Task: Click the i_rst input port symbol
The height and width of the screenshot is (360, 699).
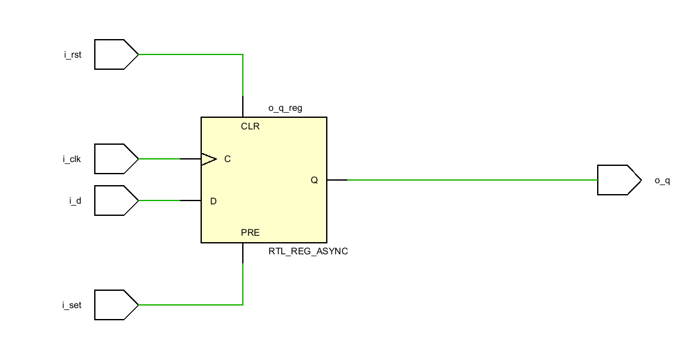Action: [117, 54]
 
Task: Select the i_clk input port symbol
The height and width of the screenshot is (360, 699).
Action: [117, 159]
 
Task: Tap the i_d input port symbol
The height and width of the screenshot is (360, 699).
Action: [117, 200]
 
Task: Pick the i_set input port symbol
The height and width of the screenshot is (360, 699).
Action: [117, 305]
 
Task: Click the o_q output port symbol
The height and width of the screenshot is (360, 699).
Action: [619, 180]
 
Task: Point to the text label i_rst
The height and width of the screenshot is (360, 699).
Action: [72, 55]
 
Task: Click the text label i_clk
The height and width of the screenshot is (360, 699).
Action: [72, 159]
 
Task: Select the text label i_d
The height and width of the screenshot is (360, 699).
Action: [76, 200]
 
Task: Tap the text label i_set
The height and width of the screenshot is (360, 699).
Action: [72, 305]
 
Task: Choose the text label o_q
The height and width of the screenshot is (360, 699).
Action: [662, 181]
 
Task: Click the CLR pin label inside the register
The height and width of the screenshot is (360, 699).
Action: [250, 127]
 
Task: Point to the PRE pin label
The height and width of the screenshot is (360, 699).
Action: [250, 233]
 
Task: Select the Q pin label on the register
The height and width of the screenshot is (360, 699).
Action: [315, 181]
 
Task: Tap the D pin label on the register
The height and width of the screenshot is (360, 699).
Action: [213, 201]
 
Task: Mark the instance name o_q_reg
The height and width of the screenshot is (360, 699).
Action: [285, 108]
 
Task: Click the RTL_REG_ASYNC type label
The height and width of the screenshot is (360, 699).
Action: [308, 251]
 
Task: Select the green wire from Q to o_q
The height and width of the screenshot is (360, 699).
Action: [472, 180]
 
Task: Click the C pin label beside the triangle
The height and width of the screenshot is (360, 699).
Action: [227, 159]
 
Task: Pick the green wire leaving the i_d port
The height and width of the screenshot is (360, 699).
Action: [160, 200]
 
